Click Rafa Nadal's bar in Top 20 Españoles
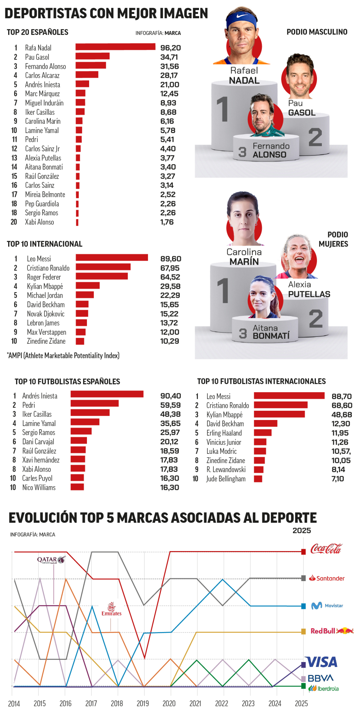[x=115, y=47]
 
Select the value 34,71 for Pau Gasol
[x=169, y=57]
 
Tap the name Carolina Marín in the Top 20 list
[x=43, y=121]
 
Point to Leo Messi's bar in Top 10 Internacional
[x=112, y=257]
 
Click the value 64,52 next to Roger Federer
[x=170, y=277]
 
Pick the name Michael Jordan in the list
[x=45, y=295]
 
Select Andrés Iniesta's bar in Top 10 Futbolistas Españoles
[x=107, y=394]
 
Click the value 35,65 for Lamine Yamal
[x=170, y=423]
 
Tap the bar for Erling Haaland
[x=263, y=433]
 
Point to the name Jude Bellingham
[x=226, y=479]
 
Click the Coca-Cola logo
[x=326, y=549]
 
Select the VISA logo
[x=322, y=662]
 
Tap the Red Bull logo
[x=332, y=631]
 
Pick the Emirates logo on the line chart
[x=112, y=609]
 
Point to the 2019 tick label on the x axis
[x=143, y=703]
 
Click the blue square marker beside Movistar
[x=303, y=606]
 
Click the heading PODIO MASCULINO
[x=317, y=32]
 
